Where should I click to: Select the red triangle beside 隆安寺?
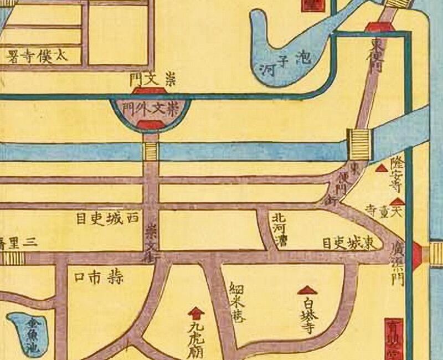tap(381, 168)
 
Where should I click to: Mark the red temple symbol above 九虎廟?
tap(194, 312)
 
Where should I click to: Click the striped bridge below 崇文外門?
tap(151, 150)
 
